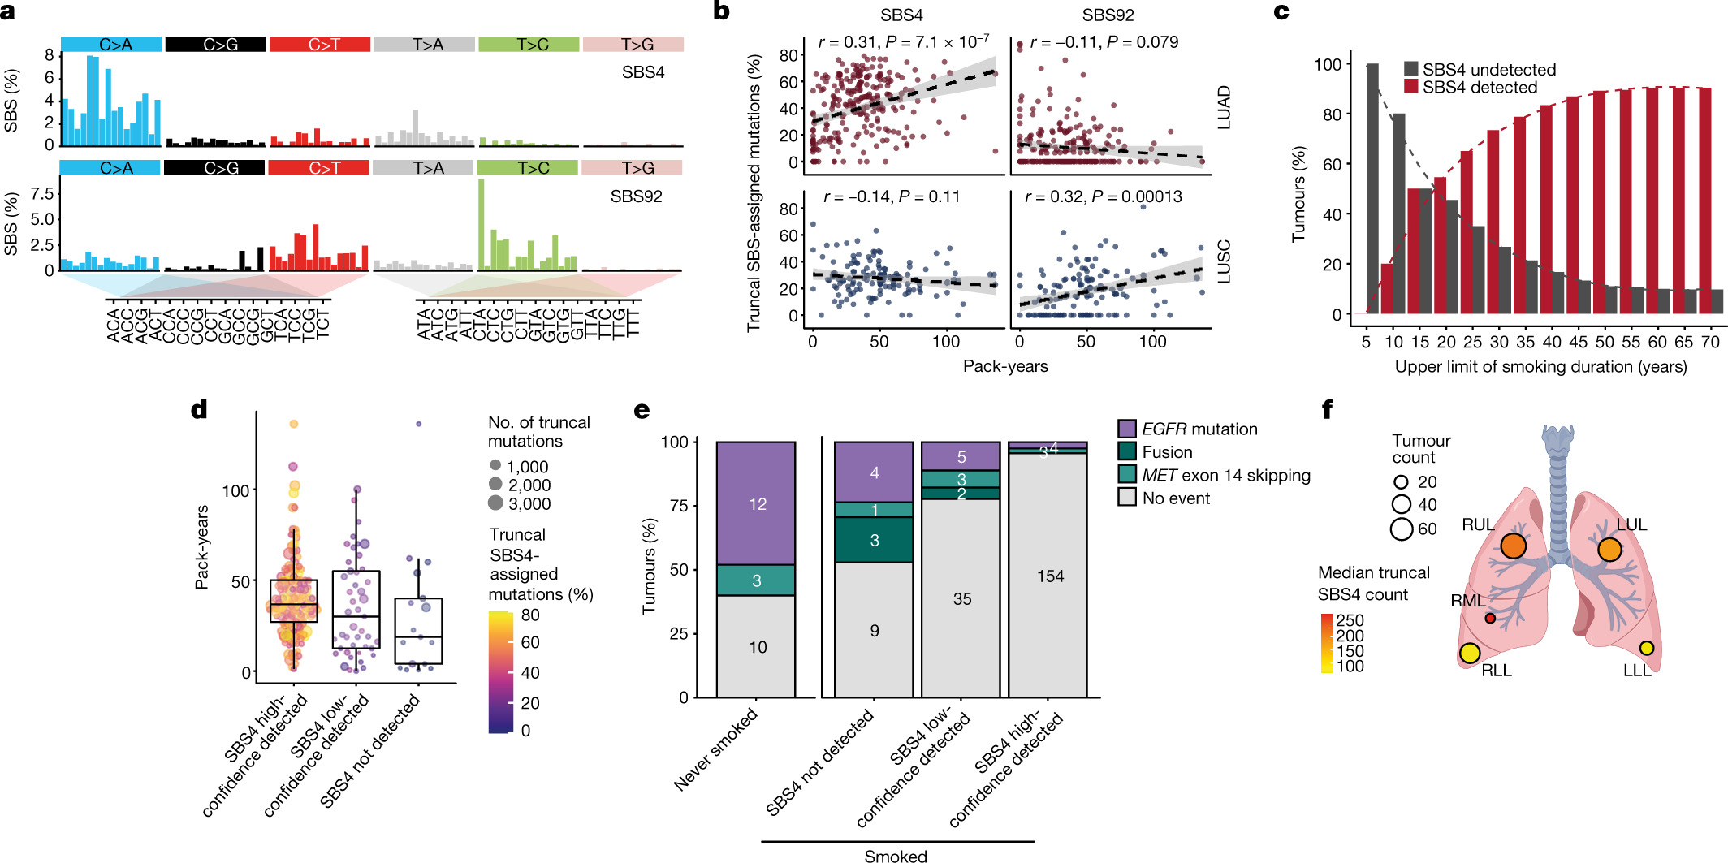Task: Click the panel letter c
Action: coord(1281,11)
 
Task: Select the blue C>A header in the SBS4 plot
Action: coord(111,45)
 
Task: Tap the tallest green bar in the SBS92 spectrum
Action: coord(481,224)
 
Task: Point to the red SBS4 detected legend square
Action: coord(1411,86)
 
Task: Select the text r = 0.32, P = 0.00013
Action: coord(1103,196)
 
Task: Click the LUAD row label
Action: coord(1224,107)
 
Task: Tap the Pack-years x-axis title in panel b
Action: coord(1004,366)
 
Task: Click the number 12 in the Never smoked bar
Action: coord(757,504)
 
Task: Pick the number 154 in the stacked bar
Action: coord(1049,576)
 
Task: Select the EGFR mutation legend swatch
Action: coord(1127,429)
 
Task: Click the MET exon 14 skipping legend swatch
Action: coord(1127,474)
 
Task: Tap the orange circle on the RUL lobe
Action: coord(1513,546)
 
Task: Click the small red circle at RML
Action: coord(1490,618)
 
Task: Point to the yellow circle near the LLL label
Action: coord(1646,648)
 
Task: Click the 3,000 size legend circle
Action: coord(495,503)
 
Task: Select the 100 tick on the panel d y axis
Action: coord(235,490)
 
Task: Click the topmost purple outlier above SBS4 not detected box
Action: coord(419,424)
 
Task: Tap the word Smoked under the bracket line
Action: coord(895,856)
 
